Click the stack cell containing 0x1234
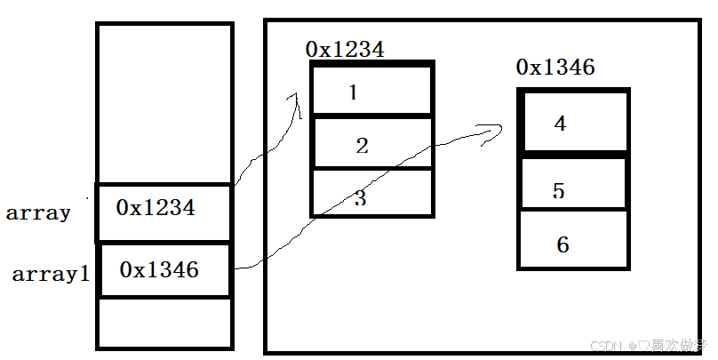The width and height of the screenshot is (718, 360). pos(164,212)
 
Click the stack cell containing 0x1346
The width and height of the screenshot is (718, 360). pos(165,269)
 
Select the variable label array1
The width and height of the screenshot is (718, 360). pos(51,275)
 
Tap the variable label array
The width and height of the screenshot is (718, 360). pos(38,213)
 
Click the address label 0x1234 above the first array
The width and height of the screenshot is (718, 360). pos(345,50)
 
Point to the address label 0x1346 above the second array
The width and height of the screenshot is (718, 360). pos(555,68)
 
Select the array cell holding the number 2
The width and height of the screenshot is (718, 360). pos(371,144)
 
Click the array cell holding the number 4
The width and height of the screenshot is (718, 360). pos(573,122)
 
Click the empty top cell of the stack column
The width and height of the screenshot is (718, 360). pos(164,103)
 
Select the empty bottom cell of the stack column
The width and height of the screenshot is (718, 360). pos(164,324)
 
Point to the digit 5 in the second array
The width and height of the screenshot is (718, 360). pos(558,191)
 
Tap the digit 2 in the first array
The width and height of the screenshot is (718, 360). pos(362,146)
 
